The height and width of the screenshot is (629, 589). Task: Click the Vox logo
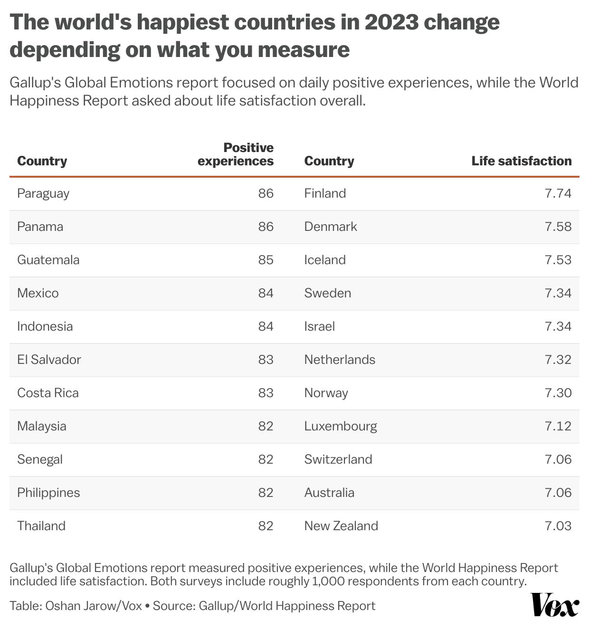click(555, 605)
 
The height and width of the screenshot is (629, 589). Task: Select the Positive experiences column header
click(236, 154)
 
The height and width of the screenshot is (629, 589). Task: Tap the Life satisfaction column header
click(522, 161)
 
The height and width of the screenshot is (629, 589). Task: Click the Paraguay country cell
click(43, 193)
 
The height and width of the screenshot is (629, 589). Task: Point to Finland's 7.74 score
click(558, 193)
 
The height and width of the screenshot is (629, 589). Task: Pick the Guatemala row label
click(48, 260)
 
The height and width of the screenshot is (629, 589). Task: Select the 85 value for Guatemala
click(266, 260)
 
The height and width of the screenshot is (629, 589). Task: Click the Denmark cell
click(330, 227)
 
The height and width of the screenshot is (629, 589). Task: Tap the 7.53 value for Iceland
click(558, 260)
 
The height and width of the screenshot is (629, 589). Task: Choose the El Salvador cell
click(49, 360)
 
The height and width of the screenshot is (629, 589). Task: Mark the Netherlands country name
click(340, 360)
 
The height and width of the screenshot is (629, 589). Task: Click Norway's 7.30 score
click(558, 393)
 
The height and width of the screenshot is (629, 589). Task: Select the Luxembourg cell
click(341, 426)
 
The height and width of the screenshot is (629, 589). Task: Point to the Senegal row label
click(40, 459)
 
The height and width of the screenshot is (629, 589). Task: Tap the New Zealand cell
click(341, 526)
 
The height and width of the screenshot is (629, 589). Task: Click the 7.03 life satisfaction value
click(558, 526)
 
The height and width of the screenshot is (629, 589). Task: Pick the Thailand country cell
click(41, 526)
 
